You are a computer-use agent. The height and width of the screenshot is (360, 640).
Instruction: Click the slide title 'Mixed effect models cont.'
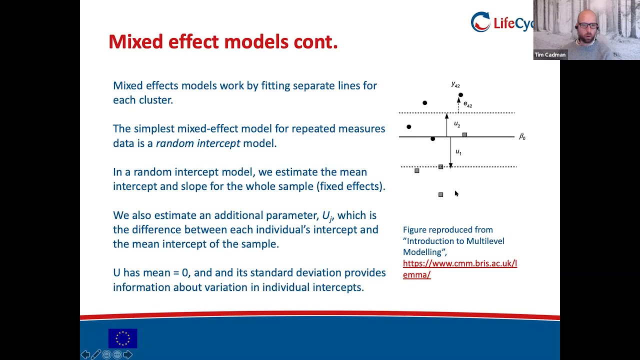point(223,42)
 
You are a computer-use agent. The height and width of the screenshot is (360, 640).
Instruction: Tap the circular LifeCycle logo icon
point(480,22)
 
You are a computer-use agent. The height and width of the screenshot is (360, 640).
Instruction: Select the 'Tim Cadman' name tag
point(550,55)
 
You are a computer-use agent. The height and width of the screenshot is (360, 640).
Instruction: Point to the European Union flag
point(122,338)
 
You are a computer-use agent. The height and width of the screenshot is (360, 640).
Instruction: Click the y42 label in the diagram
point(455,84)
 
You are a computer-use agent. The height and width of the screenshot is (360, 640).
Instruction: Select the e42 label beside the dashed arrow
point(467,104)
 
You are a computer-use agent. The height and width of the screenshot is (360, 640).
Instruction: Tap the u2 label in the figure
point(457,124)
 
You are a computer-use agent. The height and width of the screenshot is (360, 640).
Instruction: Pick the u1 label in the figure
point(458,151)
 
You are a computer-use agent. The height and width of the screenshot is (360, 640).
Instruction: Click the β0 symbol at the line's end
point(522,136)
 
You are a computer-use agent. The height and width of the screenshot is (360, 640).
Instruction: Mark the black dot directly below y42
point(460,95)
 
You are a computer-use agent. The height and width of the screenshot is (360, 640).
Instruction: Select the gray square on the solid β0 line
point(464,134)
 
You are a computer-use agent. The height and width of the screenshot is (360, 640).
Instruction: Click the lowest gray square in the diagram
point(440,194)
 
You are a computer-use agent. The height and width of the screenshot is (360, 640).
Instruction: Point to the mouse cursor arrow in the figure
point(456,193)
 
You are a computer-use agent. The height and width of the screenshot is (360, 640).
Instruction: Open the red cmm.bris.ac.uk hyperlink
point(459,268)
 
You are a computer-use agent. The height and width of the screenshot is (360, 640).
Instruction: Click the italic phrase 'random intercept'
point(198,143)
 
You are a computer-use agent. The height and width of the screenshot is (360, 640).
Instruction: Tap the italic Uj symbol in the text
point(326,216)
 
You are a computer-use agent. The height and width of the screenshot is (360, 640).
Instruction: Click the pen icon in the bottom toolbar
point(96,354)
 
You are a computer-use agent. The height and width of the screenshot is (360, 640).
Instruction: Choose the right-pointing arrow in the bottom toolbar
point(128,354)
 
